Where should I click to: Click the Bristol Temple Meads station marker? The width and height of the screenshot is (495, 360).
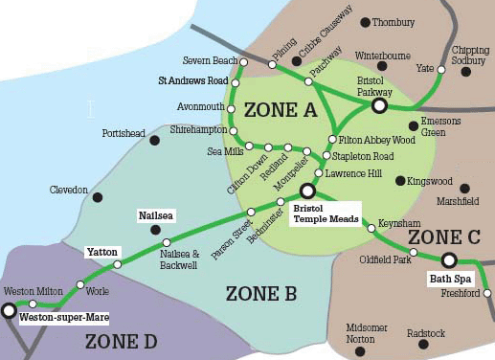(x=307, y=191)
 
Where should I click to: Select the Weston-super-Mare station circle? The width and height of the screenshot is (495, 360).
(x=10, y=310)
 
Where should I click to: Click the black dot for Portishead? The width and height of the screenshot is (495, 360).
(x=154, y=140)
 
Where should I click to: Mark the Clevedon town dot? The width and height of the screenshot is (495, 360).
(x=98, y=197)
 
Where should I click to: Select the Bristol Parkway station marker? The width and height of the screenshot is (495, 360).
(x=379, y=105)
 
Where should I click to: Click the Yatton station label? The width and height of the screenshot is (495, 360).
(x=101, y=252)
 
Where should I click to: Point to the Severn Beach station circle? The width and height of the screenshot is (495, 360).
(x=244, y=62)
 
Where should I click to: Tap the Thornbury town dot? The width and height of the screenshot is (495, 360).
(x=365, y=22)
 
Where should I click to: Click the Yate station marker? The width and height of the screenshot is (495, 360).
(x=441, y=69)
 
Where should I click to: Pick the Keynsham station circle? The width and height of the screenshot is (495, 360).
(x=371, y=229)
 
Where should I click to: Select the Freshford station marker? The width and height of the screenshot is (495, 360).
(x=487, y=293)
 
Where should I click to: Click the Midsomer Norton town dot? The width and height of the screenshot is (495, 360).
(x=360, y=351)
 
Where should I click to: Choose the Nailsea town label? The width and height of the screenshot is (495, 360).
(x=154, y=215)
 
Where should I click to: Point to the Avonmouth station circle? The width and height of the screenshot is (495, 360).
(x=231, y=107)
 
